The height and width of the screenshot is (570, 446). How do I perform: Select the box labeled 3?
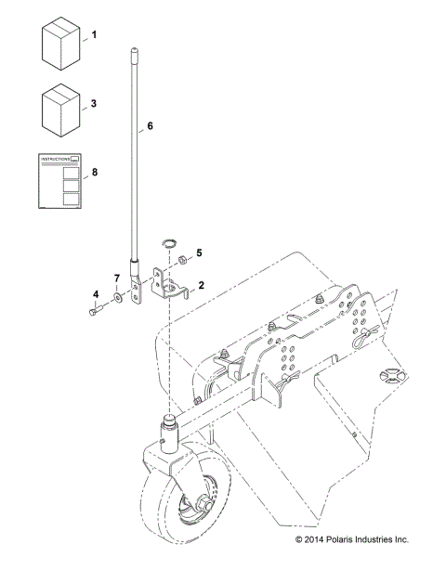click(x=60, y=110)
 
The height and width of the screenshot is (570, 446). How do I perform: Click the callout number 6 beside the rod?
click(x=151, y=123)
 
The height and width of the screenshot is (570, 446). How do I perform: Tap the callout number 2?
click(x=202, y=289)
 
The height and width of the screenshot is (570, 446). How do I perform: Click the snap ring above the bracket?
click(x=168, y=243)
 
